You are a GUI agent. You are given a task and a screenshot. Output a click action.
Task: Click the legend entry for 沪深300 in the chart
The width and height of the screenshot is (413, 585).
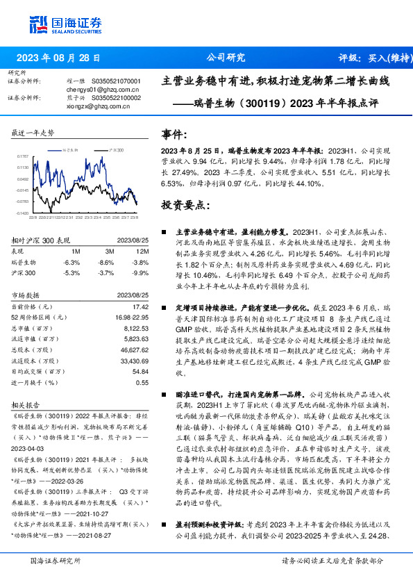point(115,149)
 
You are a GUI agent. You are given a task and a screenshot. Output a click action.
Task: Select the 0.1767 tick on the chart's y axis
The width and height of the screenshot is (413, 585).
point(24,158)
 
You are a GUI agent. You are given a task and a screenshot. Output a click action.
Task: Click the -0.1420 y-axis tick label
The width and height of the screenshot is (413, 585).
point(23,213)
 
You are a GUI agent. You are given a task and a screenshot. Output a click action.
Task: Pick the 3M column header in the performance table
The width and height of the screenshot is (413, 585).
point(109,251)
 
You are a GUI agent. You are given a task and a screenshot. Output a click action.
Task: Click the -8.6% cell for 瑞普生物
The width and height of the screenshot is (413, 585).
point(106,262)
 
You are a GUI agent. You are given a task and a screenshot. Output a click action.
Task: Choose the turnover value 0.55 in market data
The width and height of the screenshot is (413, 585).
point(142,382)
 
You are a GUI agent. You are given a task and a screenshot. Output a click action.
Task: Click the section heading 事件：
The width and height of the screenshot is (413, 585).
point(174,133)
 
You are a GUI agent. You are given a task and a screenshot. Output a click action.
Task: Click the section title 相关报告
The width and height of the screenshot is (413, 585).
point(27,404)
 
